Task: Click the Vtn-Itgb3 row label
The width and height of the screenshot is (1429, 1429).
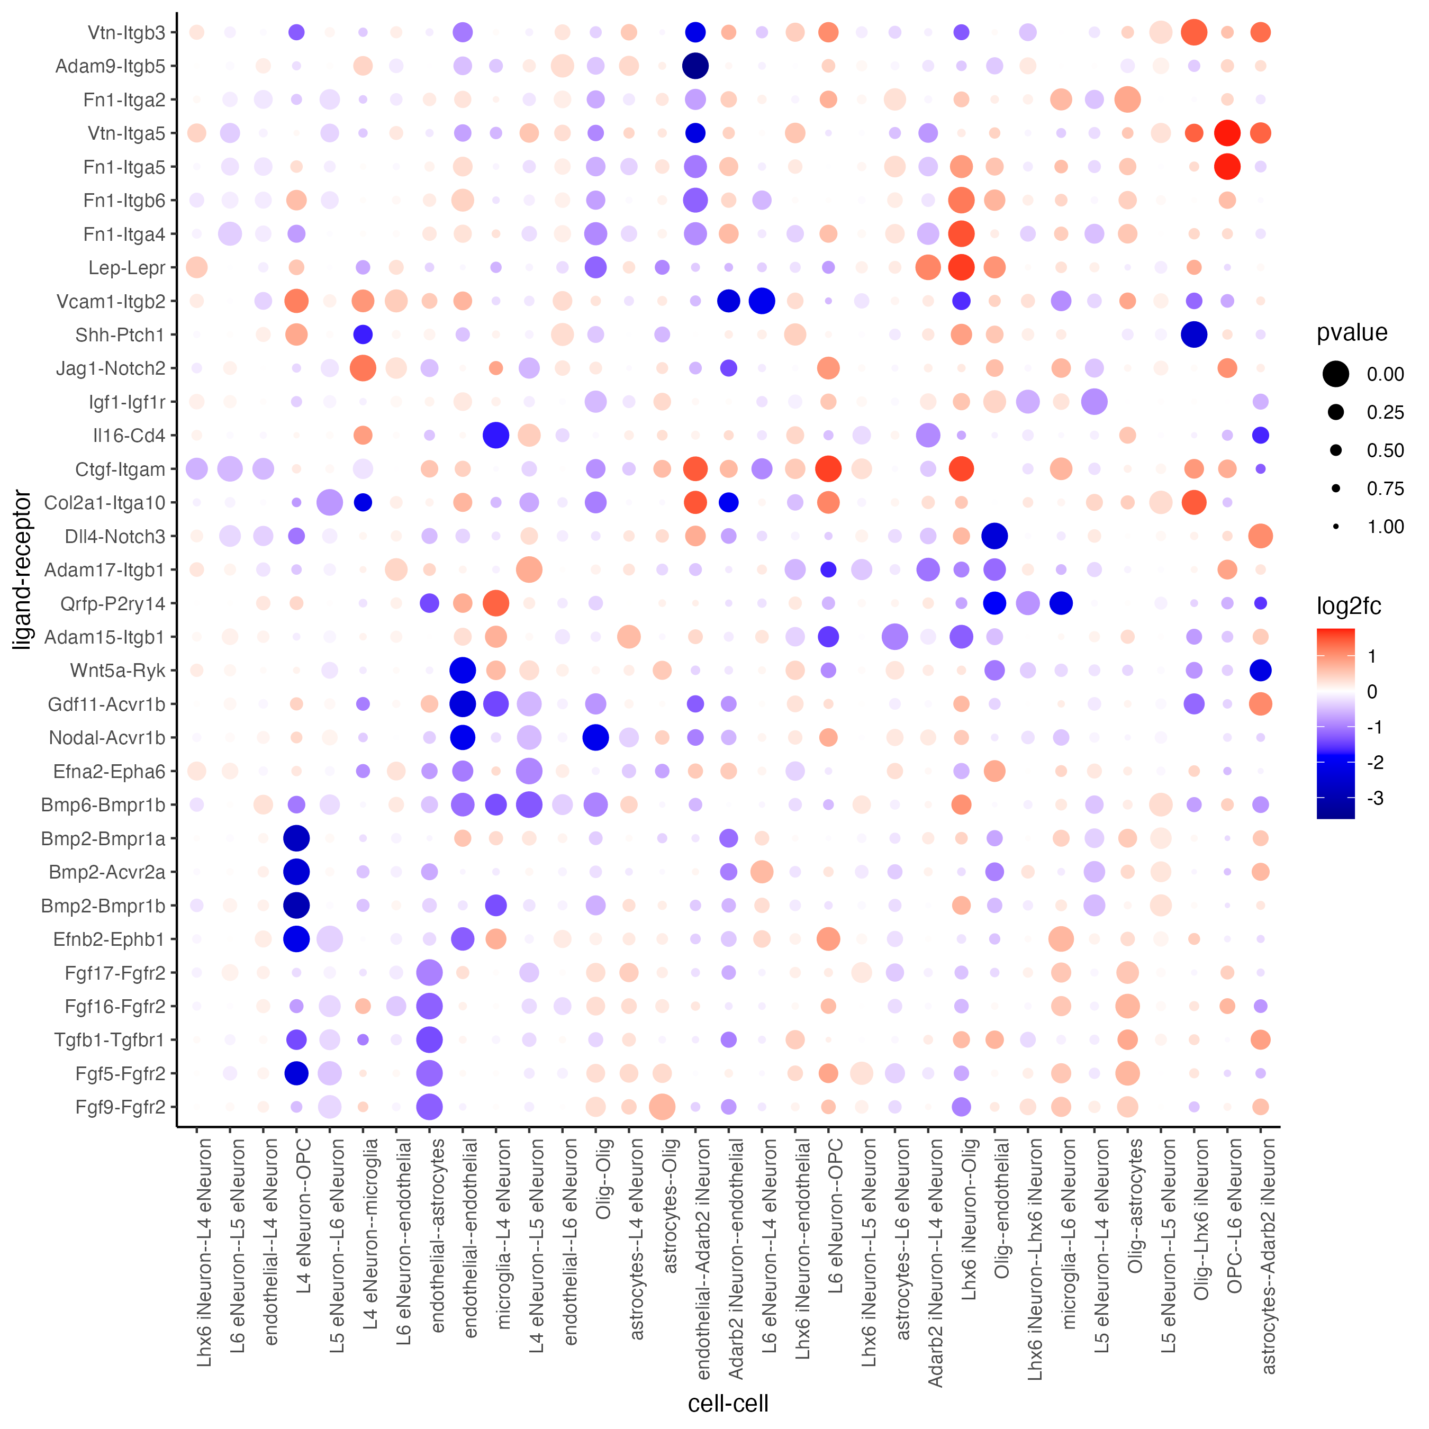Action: click(126, 32)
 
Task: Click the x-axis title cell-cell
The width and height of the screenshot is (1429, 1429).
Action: click(728, 1403)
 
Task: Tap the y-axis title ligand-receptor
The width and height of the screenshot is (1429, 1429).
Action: click(22, 569)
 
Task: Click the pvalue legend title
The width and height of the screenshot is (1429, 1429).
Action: click(1351, 333)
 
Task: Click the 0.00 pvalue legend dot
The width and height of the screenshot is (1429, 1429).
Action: click(1336, 374)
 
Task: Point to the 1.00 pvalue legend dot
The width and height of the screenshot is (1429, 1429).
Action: click(1336, 527)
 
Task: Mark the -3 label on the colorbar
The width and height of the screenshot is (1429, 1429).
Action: click(1375, 798)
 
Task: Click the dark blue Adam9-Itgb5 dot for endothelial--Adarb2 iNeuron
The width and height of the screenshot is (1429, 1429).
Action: click(695, 66)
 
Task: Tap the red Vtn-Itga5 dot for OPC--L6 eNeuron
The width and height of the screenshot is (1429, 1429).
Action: click(1227, 133)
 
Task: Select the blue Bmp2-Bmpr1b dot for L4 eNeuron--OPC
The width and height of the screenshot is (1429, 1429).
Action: click(296, 906)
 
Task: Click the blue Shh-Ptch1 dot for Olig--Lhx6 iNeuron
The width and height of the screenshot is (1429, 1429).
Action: click(1194, 334)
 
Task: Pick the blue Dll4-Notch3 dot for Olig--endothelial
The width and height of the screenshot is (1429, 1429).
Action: click(995, 536)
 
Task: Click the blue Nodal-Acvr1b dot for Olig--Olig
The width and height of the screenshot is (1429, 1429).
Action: click(595, 737)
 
